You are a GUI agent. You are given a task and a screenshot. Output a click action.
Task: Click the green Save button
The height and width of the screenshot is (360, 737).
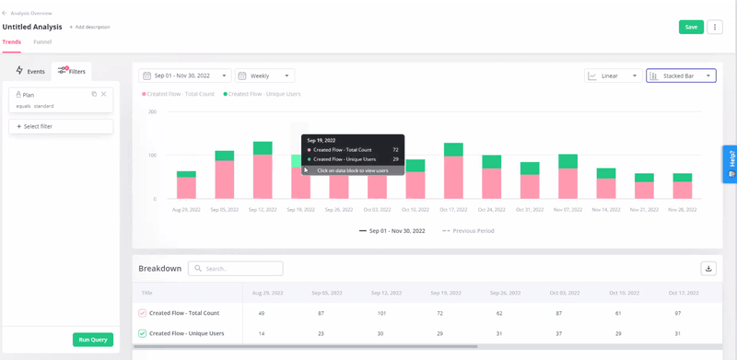(690, 28)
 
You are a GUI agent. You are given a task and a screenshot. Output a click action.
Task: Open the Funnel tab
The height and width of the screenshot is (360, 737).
(42, 41)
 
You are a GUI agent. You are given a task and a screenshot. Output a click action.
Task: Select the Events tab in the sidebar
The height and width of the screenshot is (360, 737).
(30, 71)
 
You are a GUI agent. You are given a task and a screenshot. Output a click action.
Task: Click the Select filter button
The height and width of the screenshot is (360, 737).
(61, 126)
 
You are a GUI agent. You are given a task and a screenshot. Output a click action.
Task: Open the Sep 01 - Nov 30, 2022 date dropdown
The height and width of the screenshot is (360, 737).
(184, 75)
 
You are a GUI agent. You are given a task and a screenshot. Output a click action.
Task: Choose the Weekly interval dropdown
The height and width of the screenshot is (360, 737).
(264, 75)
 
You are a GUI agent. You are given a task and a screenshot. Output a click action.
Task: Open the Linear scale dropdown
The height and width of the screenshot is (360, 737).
(613, 75)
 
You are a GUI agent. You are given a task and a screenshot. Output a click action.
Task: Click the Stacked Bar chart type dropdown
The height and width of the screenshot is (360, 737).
(680, 75)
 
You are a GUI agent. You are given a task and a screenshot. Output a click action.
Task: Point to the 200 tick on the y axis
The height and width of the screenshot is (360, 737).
(152, 112)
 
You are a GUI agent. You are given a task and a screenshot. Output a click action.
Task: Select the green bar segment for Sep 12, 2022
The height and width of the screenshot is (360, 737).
(263, 147)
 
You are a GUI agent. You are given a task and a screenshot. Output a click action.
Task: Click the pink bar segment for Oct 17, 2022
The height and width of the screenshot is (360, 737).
(453, 177)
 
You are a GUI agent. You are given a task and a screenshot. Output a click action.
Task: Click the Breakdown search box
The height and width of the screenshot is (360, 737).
(235, 269)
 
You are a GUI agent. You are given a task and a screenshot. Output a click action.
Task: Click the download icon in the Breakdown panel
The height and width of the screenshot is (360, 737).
(708, 269)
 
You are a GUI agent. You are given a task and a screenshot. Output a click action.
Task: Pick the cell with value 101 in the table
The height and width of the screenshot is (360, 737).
(382, 313)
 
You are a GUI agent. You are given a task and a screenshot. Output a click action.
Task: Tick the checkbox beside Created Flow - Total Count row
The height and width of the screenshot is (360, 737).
(143, 313)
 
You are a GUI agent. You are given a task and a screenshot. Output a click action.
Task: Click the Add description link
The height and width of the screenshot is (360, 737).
(90, 27)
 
